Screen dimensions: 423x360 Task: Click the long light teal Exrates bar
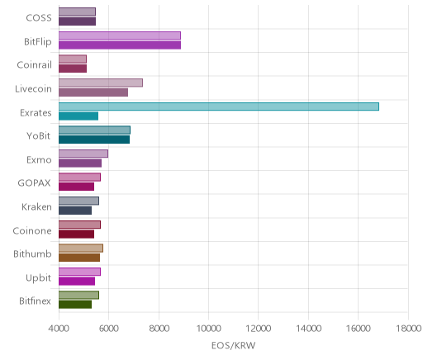219,107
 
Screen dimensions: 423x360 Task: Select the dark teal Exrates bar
78,116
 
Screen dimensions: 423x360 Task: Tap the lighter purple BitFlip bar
120,36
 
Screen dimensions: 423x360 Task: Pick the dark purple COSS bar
77,21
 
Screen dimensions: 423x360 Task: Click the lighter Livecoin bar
101,83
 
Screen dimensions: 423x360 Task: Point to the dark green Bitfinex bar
75,305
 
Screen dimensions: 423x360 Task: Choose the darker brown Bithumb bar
79,258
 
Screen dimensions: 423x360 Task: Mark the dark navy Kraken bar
75,211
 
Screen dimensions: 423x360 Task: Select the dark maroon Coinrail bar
73,69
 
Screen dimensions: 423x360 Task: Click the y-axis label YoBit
39,136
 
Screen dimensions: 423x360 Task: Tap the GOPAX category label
35,183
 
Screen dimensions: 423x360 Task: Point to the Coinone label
32,230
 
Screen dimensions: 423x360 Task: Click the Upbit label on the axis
38,278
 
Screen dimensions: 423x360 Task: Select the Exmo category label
39,160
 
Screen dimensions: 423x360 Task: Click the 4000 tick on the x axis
59,329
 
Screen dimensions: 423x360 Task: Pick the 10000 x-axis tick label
208,329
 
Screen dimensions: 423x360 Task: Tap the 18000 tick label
408,329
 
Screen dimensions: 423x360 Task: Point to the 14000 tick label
308,329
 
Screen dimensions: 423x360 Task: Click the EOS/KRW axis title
234,346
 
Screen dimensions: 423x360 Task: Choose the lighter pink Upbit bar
79,272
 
